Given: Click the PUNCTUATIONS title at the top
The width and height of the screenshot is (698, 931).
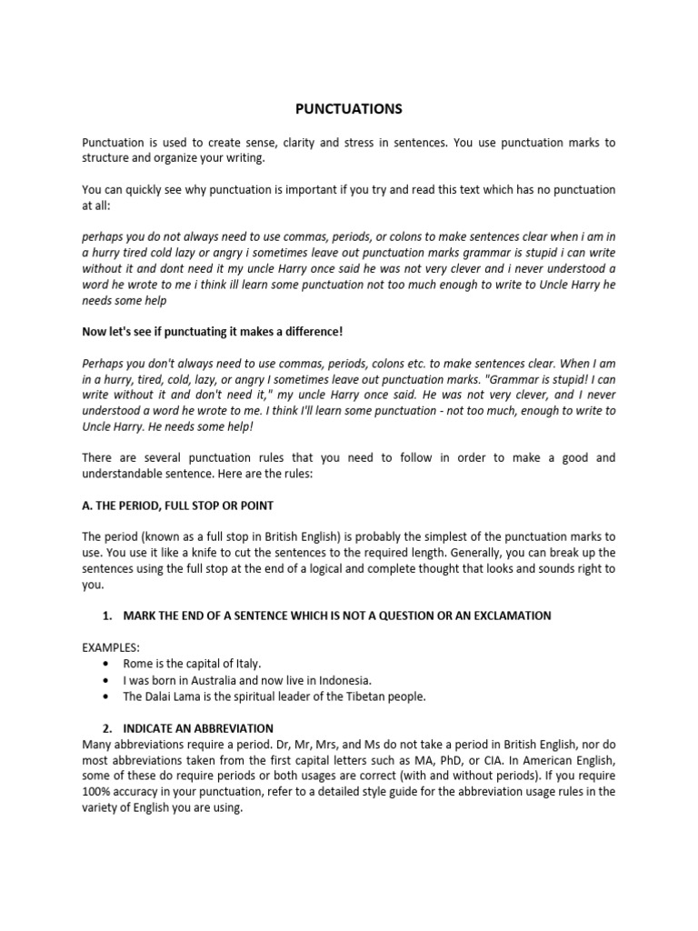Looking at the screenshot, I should tap(348, 109).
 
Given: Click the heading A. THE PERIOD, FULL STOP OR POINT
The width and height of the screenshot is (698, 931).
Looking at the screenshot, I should tap(177, 505).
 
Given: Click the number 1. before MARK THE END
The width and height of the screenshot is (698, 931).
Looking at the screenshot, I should tap(107, 616).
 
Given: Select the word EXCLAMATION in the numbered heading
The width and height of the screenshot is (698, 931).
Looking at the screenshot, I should tap(511, 616).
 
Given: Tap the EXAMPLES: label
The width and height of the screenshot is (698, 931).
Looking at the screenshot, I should tap(111, 647).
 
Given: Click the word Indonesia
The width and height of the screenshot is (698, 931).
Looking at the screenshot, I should tap(341, 680).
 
